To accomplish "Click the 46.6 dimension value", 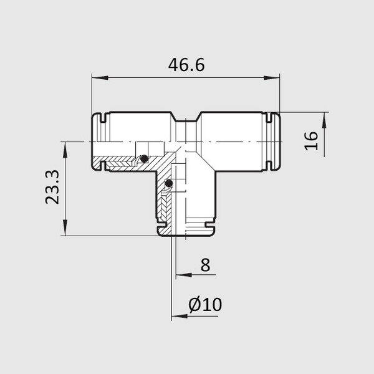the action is (x=186, y=65).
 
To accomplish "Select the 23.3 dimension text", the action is (x=52, y=187).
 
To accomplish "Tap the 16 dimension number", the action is (x=311, y=141).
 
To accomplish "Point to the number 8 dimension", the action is (x=205, y=264).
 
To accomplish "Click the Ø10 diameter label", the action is (x=205, y=305).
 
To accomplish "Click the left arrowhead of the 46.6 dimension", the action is (x=100, y=77).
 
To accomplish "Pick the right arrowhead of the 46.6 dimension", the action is (x=271, y=77).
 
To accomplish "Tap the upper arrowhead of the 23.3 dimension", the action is (x=65, y=150).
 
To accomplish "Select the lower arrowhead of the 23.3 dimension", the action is (x=65, y=228).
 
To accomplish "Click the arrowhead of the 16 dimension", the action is (x=324, y=120).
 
